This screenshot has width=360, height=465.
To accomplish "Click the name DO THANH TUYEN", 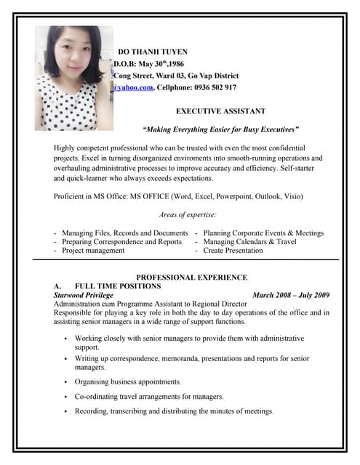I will point(153,52).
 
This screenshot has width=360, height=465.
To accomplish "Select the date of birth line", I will point(148,63).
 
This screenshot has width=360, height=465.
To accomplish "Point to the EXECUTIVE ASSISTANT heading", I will point(221,111).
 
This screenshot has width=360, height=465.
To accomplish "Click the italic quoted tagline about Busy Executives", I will point(211,129).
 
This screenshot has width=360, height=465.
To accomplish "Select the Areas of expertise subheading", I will point(187,214).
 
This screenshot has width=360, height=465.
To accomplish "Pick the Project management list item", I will point(93,250).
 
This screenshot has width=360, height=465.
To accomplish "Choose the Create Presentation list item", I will point(233,250).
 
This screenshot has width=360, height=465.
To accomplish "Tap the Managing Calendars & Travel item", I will point(249,241).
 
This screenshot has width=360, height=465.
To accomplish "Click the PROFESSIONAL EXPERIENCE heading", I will point(192,278).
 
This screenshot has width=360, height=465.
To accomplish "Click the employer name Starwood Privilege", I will point(84,296).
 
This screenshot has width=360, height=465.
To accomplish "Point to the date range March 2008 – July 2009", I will point(291,296).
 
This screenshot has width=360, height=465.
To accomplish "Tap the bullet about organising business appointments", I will point(127,381).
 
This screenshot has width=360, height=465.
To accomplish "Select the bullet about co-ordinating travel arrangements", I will point(149,397).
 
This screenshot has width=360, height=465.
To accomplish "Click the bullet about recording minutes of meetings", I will point(174,411).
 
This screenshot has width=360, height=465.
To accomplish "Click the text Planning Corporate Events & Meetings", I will point(263,232).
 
